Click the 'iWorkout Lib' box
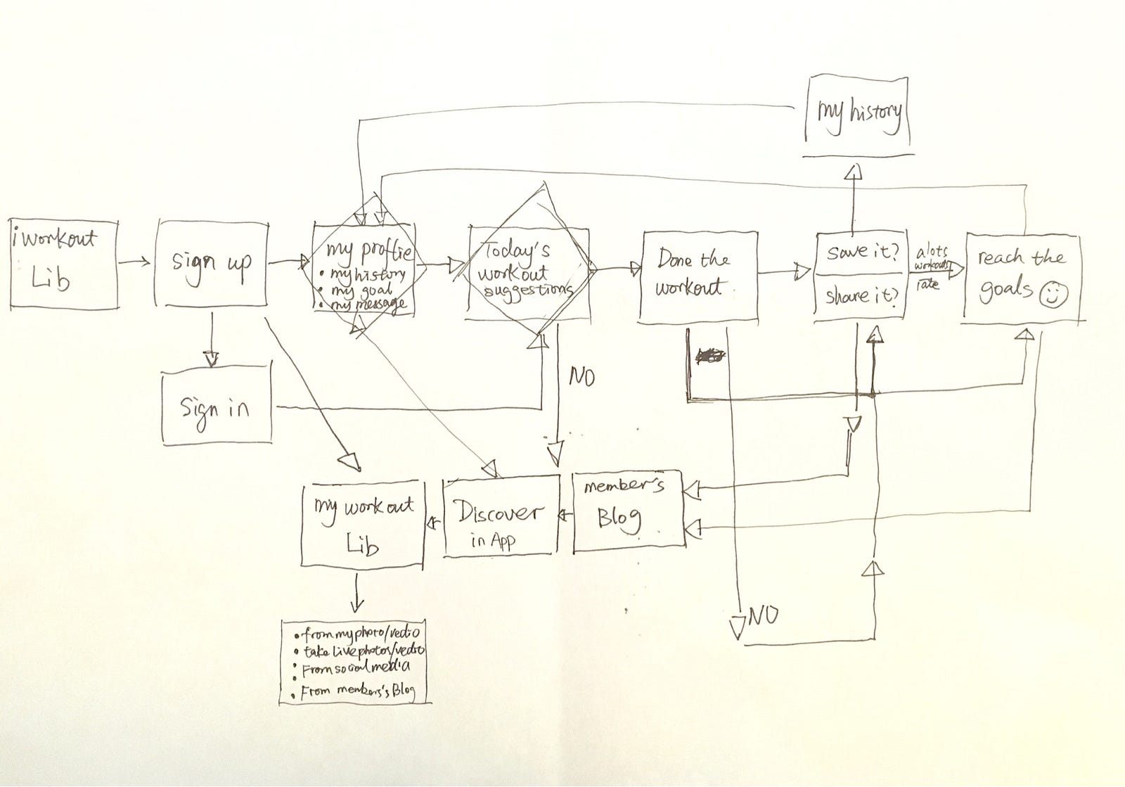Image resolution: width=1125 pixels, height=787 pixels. [x=63, y=264]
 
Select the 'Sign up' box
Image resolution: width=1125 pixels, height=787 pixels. [x=211, y=264]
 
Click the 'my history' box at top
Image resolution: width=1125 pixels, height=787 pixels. [x=858, y=116]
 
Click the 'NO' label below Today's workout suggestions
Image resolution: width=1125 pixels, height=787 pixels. [x=581, y=378]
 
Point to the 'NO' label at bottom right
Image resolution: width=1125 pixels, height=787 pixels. [x=764, y=617]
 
